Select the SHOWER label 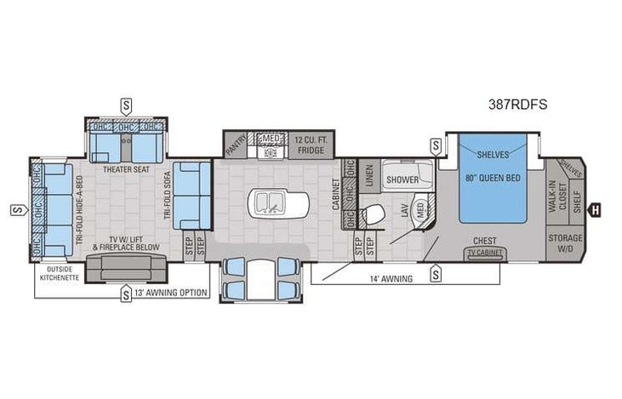[x=402, y=180]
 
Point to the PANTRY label [x=237, y=145]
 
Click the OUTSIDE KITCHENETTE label [x=60, y=274]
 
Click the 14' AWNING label [x=393, y=278]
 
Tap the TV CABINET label [x=484, y=254]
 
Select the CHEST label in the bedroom [x=485, y=241]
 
